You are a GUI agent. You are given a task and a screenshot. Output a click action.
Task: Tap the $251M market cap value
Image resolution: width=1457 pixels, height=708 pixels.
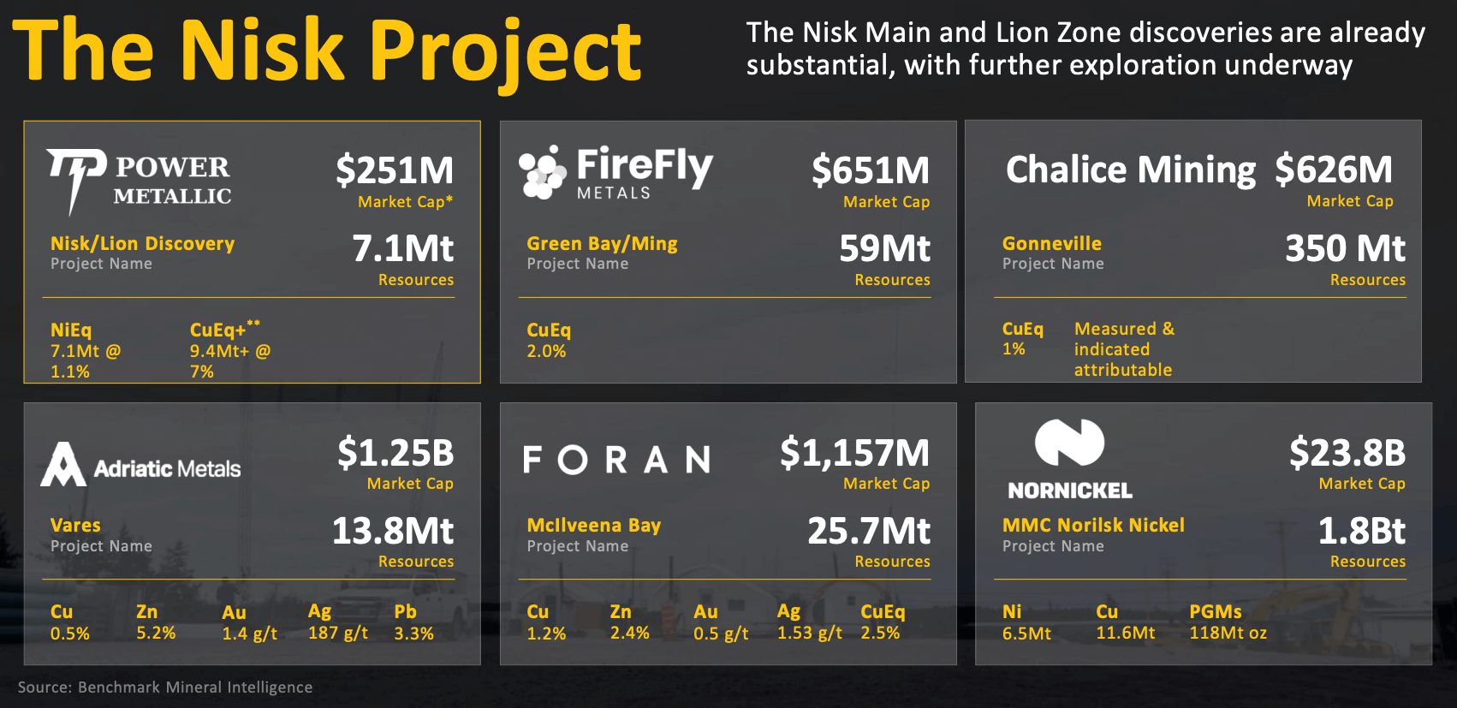pos(395,170)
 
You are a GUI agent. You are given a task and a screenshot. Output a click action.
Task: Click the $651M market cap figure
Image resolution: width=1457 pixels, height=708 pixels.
pos(871,170)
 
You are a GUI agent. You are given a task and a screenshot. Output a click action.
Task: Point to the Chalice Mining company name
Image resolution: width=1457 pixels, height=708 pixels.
pos(1130,170)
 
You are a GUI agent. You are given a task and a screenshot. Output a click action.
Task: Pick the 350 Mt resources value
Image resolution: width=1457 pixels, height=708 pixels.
pos(1345,249)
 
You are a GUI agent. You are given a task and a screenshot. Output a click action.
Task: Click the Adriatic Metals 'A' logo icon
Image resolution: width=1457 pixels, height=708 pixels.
pos(63,465)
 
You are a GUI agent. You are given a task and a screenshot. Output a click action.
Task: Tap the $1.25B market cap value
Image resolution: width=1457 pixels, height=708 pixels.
pos(395,453)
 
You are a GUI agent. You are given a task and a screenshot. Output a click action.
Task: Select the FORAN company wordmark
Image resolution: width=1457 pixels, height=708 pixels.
pos(616,460)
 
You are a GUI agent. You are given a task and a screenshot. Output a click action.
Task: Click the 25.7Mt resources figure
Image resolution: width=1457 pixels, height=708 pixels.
pos(869,531)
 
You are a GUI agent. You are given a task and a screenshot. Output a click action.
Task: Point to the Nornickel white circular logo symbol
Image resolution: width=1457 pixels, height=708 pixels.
pos(1069,443)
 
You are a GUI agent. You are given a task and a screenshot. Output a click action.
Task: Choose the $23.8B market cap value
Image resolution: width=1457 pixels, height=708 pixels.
pos(1347,453)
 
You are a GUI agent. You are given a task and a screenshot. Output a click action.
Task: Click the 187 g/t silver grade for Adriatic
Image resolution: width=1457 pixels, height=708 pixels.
pos(338,634)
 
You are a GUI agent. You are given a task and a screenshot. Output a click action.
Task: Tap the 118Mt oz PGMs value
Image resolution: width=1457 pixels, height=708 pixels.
pos(1228,634)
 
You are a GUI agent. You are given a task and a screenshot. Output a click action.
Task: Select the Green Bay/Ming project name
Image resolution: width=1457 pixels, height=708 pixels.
pos(602,244)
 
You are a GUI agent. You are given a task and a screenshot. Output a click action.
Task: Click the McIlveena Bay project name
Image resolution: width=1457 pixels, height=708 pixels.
pos(593,526)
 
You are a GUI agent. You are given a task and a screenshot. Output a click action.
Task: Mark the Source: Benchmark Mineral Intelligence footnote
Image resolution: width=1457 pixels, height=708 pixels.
pos(165,687)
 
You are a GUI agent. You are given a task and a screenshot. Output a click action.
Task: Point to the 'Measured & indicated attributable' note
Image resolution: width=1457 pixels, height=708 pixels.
pos(1123,349)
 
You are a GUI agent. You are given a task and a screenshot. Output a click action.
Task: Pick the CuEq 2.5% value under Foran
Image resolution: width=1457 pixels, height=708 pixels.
pos(880,634)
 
